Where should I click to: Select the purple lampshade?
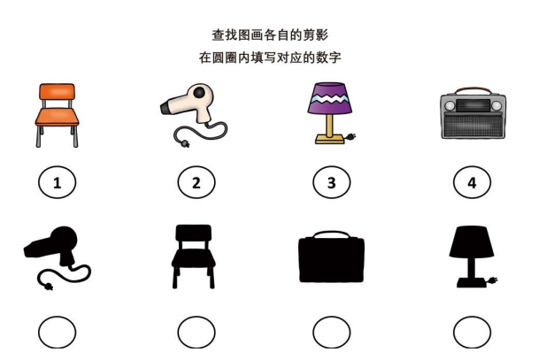[329, 98]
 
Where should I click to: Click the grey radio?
[473, 114]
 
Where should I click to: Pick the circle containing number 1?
[58, 182]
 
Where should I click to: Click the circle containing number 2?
[196, 182]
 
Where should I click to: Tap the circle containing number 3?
[332, 182]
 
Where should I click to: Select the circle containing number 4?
[473, 182]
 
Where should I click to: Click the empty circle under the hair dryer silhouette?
[58, 333]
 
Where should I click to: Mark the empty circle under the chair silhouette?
[196, 333]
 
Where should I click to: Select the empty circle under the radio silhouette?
[332, 333]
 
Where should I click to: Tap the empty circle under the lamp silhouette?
[473, 333]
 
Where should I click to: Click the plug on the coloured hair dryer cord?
[185, 143]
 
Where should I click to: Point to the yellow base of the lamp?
[329, 139]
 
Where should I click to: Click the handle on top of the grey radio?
[473, 90]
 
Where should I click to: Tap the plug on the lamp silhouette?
[493, 280]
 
